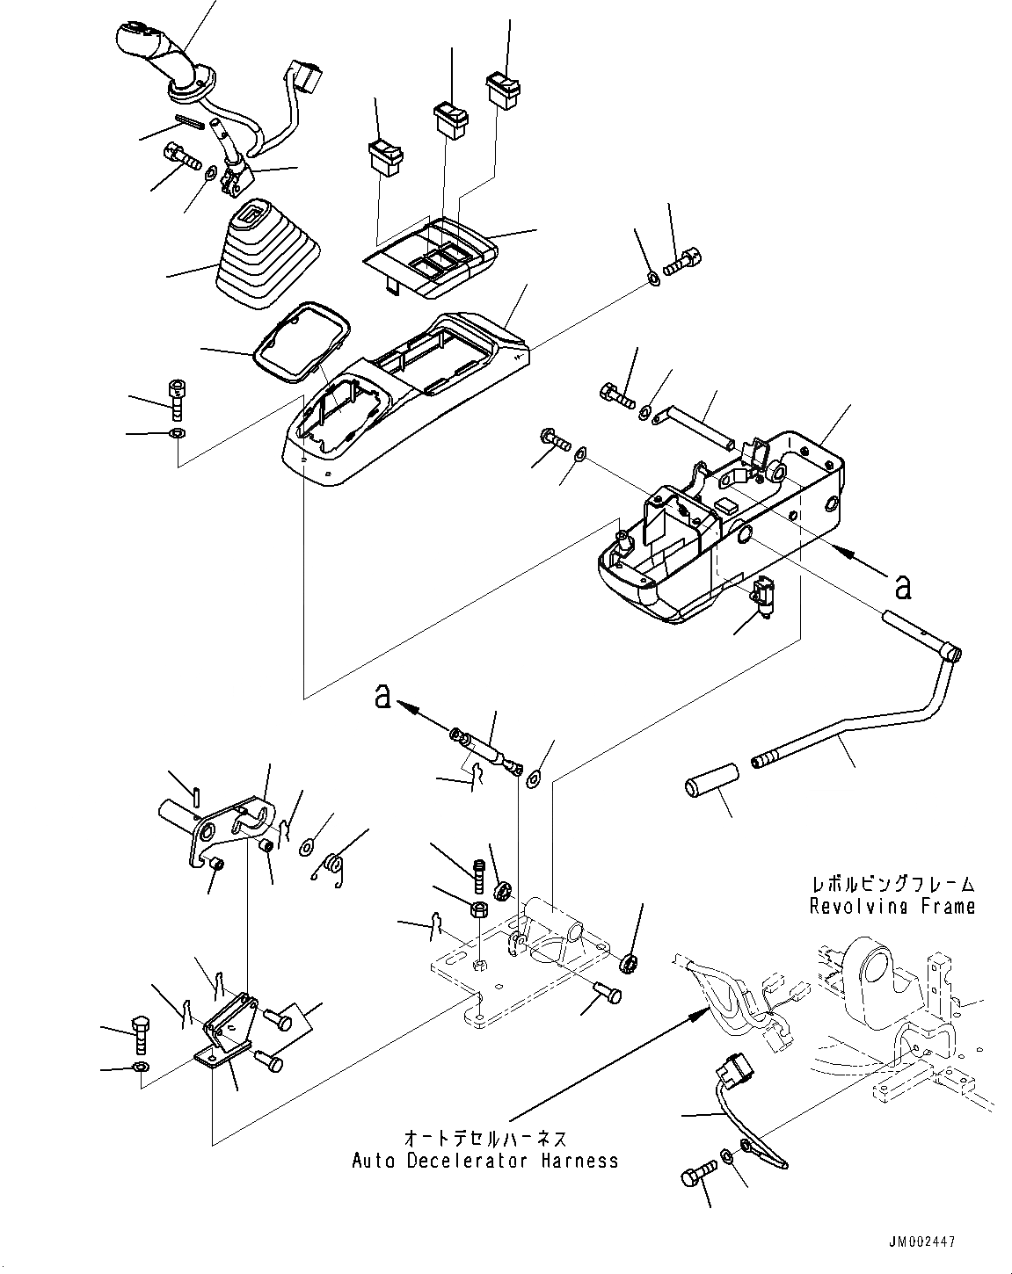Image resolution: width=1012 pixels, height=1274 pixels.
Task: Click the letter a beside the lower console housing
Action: pos(902,587)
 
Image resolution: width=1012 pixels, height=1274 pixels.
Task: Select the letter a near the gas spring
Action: pos(382,696)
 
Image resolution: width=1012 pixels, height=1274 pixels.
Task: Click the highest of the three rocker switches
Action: pos(503,90)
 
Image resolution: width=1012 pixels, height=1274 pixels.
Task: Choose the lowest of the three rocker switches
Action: pos(386,158)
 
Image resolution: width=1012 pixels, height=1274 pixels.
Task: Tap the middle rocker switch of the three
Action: pos(452,120)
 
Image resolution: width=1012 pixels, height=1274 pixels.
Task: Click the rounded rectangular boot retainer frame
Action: pos(302,343)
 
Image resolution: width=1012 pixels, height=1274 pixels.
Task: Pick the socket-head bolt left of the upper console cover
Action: pos(177,400)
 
